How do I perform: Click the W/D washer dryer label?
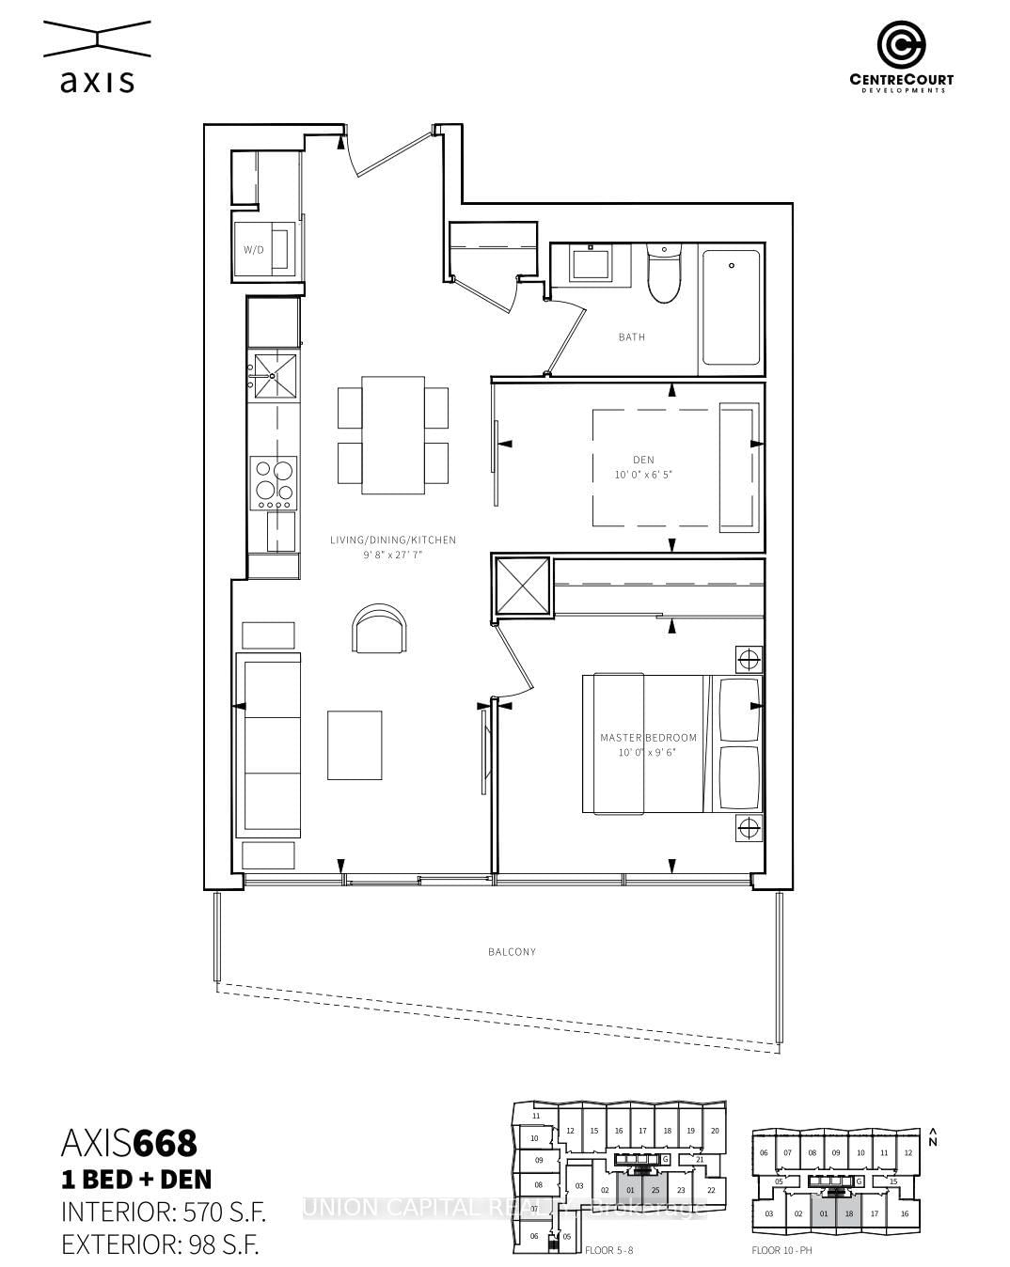pos(253,250)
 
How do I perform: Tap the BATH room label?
pos(631,336)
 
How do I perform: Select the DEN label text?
pos(643,459)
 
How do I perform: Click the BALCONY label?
pos(512,951)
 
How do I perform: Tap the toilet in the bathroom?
pos(663,276)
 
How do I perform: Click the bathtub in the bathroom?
pos(731,306)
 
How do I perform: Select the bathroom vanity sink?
pos(590,262)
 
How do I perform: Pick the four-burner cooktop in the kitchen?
pos(273,481)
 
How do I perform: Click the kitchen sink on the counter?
pos(273,376)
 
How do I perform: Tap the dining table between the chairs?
pos(393,434)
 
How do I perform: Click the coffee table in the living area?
pos(355,744)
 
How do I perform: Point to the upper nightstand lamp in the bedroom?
pos(749,659)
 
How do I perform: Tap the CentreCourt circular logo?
pos(901,45)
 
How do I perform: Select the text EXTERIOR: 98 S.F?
pos(160,1244)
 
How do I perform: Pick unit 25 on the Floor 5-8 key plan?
pos(655,1190)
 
